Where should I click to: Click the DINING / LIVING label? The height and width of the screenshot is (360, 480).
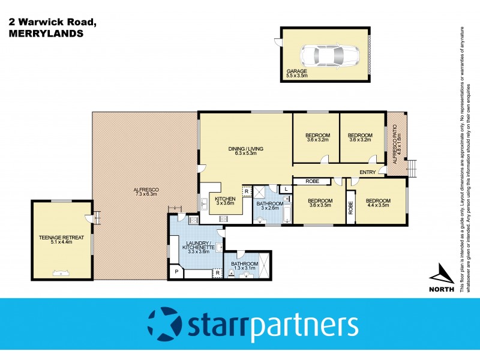pos(245,151)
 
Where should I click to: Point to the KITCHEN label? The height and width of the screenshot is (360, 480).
pos(225,200)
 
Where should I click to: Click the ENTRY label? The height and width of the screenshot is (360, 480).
pos(368,173)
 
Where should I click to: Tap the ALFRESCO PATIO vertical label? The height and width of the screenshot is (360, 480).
pos(397,145)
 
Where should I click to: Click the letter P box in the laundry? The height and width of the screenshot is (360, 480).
pos(177,272)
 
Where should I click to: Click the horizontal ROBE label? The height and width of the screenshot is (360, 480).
pos(311,181)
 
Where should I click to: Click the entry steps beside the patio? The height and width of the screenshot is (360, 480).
pos(412,166)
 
